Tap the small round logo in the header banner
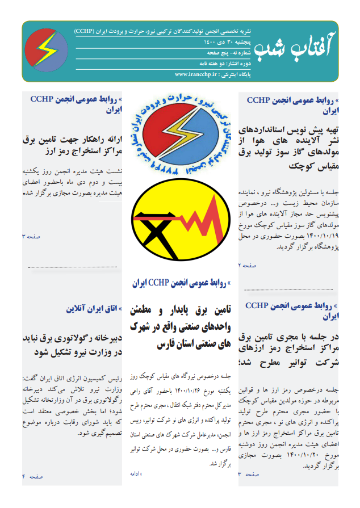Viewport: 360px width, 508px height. point(48,51)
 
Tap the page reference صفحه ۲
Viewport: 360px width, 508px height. point(248,265)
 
